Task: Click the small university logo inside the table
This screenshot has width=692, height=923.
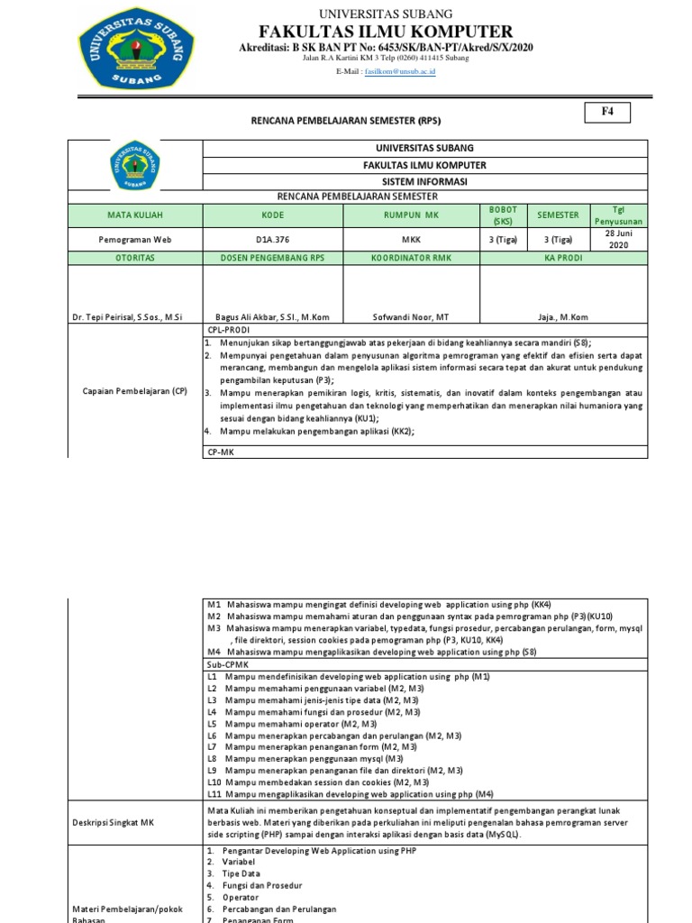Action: point(135,165)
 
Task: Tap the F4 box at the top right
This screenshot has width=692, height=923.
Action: point(606,113)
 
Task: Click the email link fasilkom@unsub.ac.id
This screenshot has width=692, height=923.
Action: point(399,70)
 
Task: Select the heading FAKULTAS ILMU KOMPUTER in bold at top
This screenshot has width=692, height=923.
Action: point(386,32)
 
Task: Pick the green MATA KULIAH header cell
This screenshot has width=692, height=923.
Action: point(135,215)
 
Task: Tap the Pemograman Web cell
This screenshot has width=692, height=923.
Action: point(135,240)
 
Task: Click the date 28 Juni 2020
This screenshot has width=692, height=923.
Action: point(618,240)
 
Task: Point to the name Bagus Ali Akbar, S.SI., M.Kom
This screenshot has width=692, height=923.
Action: point(272,317)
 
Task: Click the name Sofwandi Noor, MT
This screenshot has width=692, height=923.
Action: point(410,317)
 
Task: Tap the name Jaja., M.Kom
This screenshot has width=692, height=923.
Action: point(563,317)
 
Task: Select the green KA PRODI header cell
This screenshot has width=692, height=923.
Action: point(563,257)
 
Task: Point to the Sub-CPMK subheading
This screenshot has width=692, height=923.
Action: point(225,663)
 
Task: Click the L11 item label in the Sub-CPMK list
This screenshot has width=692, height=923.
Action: point(214,794)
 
